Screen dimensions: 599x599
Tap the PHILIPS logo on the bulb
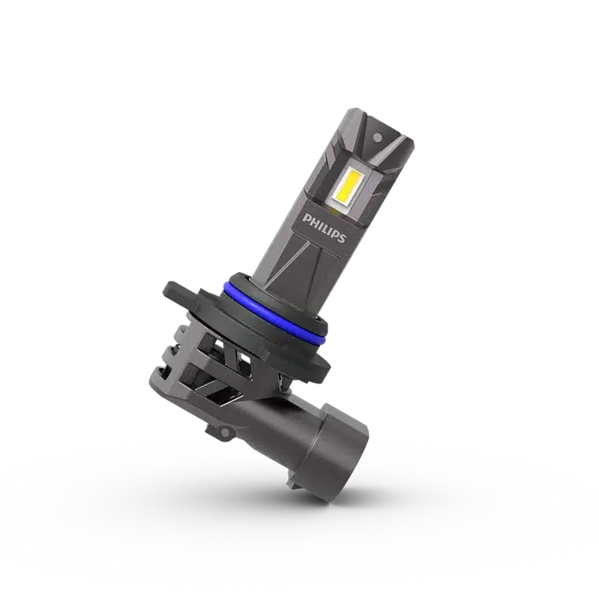(324, 228)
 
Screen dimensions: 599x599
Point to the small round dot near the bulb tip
(378, 136)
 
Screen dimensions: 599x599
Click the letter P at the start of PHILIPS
(305, 218)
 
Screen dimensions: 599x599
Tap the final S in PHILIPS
(341, 239)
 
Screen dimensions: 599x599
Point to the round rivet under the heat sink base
(224, 432)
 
